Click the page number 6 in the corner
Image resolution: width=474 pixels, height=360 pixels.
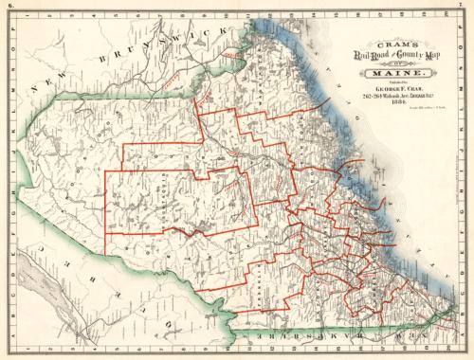[x=7, y=6]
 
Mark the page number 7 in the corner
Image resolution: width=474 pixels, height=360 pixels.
[x=466, y=6]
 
